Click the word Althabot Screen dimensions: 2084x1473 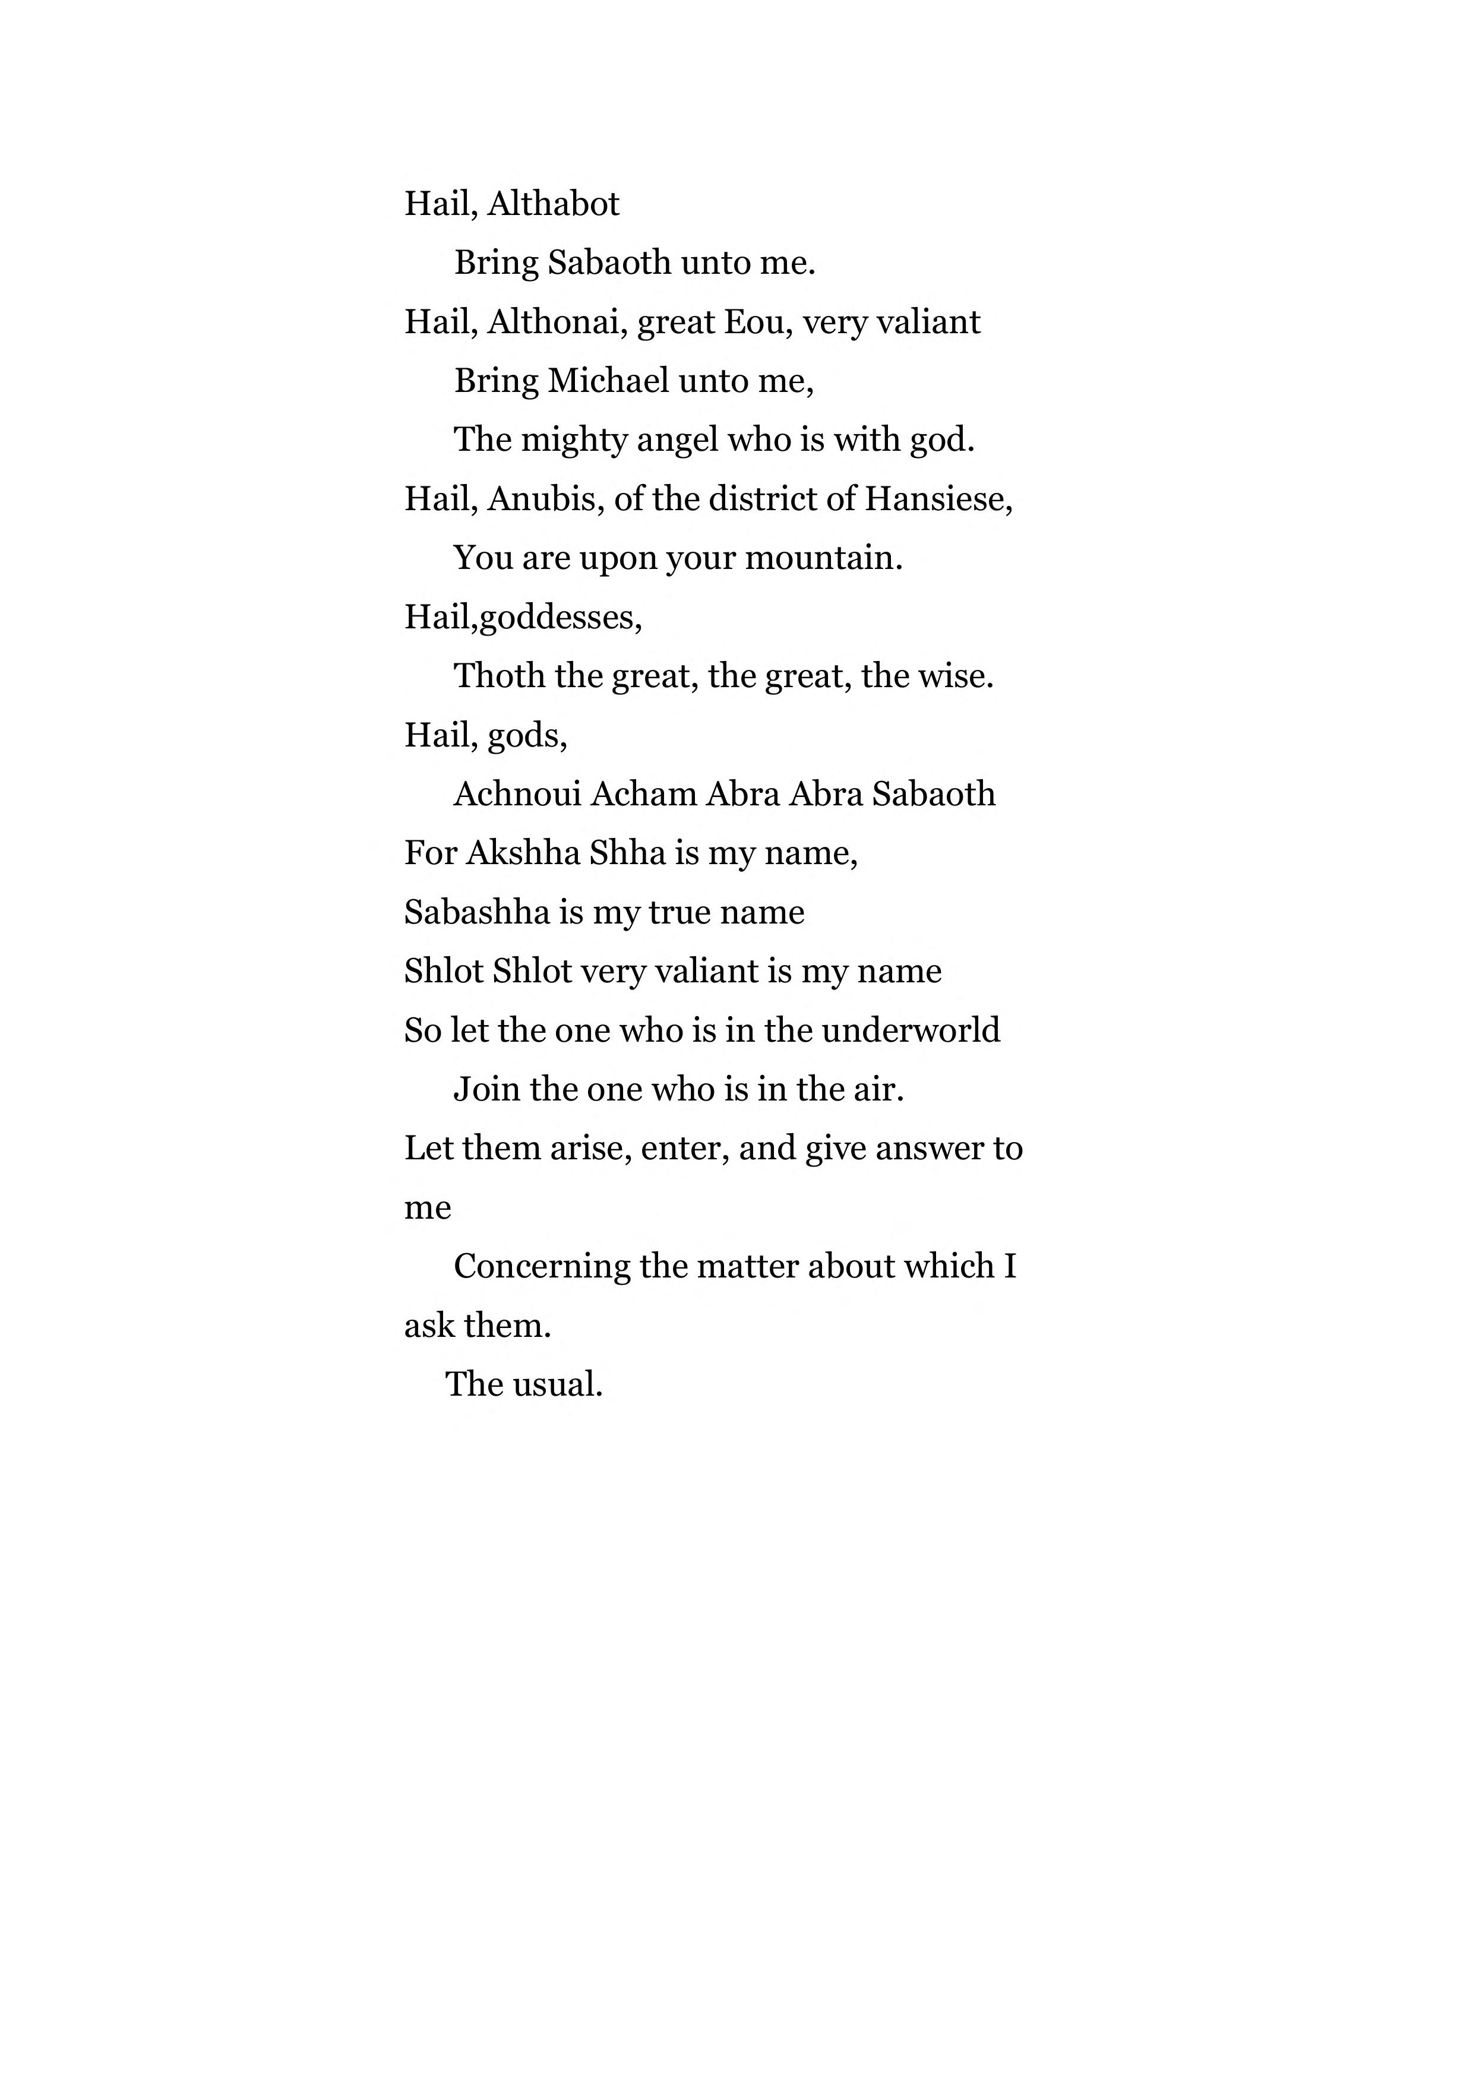(x=553, y=204)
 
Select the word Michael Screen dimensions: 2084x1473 (x=608, y=381)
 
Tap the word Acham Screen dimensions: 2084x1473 (x=643, y=794)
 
